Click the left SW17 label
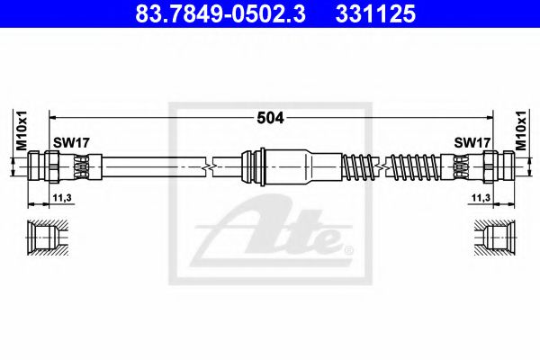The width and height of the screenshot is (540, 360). (69, 143)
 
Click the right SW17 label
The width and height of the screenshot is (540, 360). (471, 143)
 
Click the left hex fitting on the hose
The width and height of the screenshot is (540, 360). (46, 166)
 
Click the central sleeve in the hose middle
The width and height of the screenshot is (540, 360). (290, 166)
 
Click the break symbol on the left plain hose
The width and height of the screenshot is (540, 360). (211, 166)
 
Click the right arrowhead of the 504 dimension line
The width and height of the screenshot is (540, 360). (489, 117)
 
